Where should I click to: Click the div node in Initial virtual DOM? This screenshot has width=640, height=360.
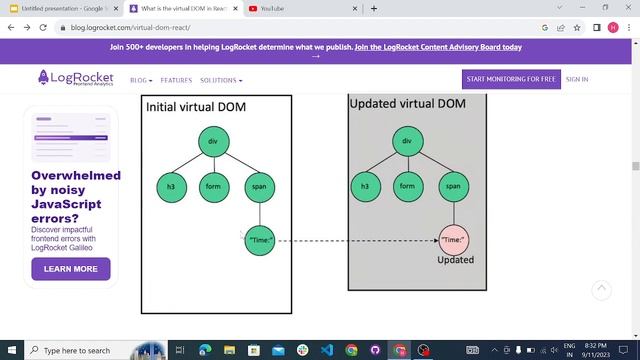[213, 141]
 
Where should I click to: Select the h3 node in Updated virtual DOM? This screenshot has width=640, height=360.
[365, 186]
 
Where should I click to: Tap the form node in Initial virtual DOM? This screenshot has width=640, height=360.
[213, 186]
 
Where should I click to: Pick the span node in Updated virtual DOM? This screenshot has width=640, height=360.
[453, 186]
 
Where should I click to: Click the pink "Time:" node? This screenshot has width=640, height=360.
[453, 240]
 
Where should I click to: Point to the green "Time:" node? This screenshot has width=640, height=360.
[259, 240]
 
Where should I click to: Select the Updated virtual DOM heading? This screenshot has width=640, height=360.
[407, 104]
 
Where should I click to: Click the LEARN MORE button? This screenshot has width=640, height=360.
[71, 269]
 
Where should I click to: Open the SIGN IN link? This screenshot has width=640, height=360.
[577, 79]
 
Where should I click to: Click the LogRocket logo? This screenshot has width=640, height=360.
[76, 79]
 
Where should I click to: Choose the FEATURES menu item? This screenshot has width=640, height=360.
[176, 80]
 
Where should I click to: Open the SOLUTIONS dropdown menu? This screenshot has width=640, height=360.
[221, 80]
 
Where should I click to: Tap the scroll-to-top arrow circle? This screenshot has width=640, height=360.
[601, 290]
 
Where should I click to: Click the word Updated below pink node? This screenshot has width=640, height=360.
[455, 260]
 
